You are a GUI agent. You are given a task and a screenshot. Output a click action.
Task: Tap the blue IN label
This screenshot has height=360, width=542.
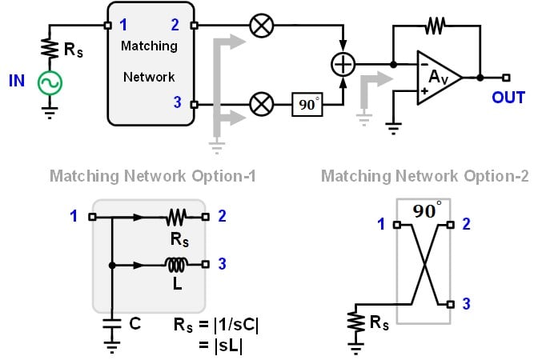coord(17,81)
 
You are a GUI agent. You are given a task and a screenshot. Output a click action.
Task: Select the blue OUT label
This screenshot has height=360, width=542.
coord(508,98)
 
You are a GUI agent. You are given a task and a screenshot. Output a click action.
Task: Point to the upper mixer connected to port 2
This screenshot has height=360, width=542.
coord(261,26)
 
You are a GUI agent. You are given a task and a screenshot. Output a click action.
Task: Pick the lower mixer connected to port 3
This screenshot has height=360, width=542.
coord(261,104)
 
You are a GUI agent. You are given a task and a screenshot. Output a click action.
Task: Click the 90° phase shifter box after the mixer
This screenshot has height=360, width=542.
coord(307,104)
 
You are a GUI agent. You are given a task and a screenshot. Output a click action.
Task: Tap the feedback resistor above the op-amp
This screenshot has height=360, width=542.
coord(435,26)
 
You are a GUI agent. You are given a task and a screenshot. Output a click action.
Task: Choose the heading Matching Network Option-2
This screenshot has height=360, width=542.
coord(424,175)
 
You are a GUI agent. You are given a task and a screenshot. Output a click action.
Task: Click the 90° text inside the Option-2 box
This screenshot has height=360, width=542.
coord(428,211)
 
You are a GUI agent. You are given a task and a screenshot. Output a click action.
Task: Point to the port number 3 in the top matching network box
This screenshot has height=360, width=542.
coord(178,102)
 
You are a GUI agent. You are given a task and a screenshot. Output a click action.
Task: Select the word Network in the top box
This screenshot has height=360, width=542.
coord(148,78)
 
